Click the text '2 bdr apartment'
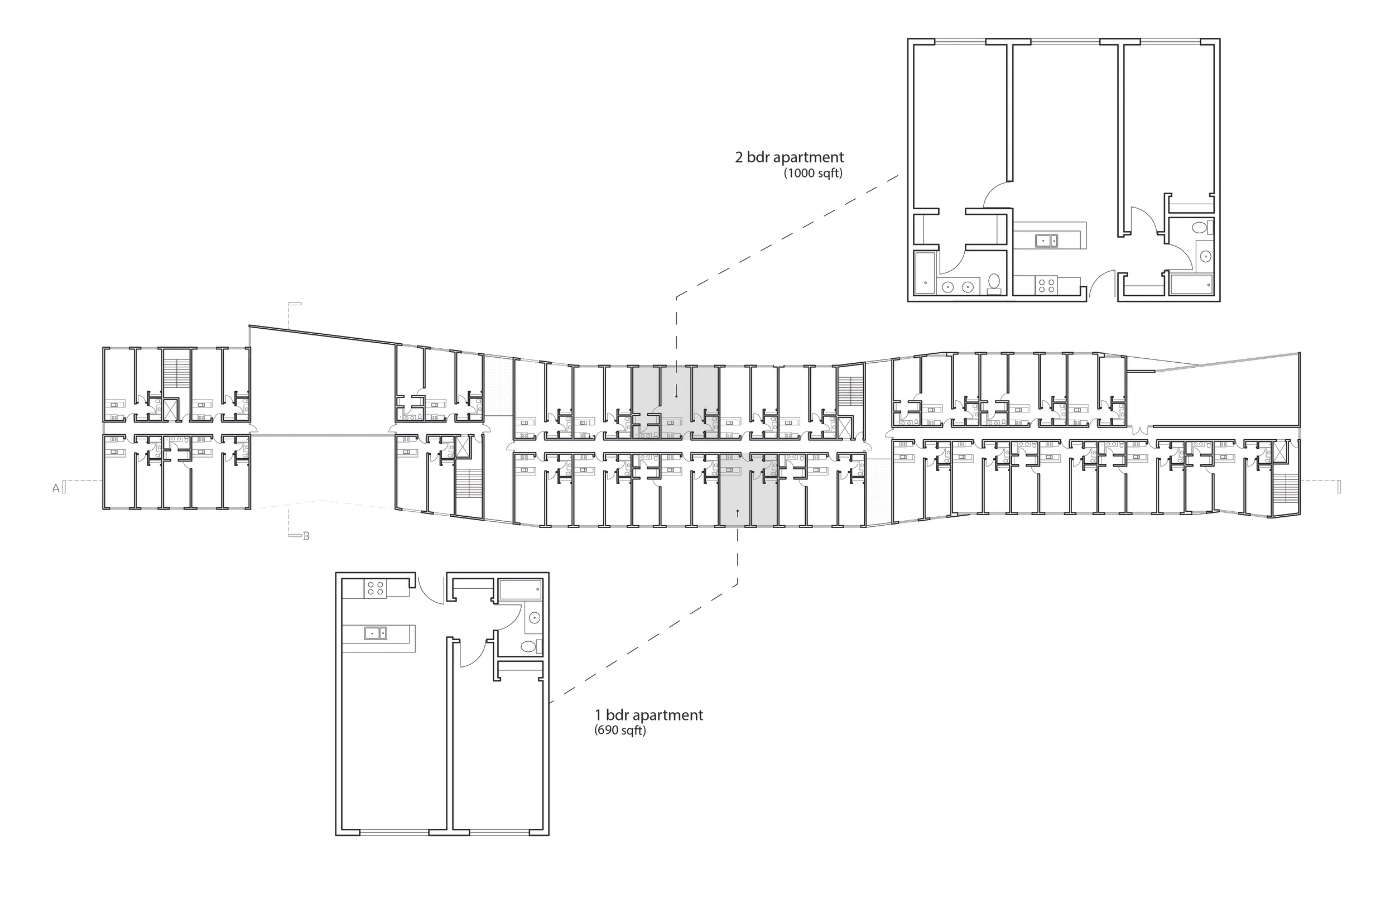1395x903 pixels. [790, 157]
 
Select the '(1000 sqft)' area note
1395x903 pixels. [813, 174]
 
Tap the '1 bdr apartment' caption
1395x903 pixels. [649, 715]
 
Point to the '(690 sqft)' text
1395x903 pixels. [620, 731]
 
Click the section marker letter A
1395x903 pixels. [56, 488]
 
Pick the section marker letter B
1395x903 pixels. [306, 536]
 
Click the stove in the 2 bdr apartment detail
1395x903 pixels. [1046, 286]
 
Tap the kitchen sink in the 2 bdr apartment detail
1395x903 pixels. [1046, 241]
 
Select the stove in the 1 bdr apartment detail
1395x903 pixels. [374, 588]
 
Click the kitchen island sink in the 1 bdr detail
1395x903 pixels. [375, 633]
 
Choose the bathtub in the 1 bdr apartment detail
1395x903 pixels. [521, 589]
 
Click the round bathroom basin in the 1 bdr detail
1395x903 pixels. [534, 617]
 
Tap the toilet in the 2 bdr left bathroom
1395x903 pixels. [993, 282]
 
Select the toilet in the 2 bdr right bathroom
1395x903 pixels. [1200, 227]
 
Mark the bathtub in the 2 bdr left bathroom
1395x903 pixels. [926, 273]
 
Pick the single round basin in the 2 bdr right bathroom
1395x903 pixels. [1206, 256]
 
